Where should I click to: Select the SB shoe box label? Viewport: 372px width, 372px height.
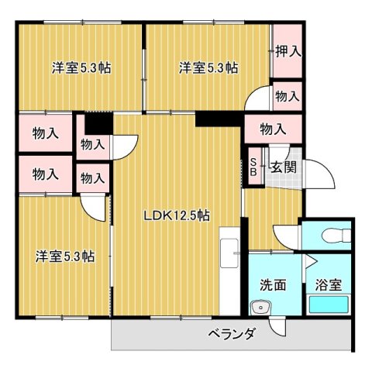(253, 167)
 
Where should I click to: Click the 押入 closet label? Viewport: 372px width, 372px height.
(288, 52)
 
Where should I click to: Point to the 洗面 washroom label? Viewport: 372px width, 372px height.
(272, 284)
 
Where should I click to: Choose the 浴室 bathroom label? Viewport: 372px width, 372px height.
(328, 284)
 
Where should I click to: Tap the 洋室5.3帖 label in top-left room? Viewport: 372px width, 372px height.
(81, 67)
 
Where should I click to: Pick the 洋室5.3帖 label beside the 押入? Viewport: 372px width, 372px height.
(208, 67)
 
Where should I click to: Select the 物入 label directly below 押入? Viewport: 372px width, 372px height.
(288, 96)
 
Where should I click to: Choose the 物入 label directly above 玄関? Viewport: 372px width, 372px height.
(273, 128)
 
